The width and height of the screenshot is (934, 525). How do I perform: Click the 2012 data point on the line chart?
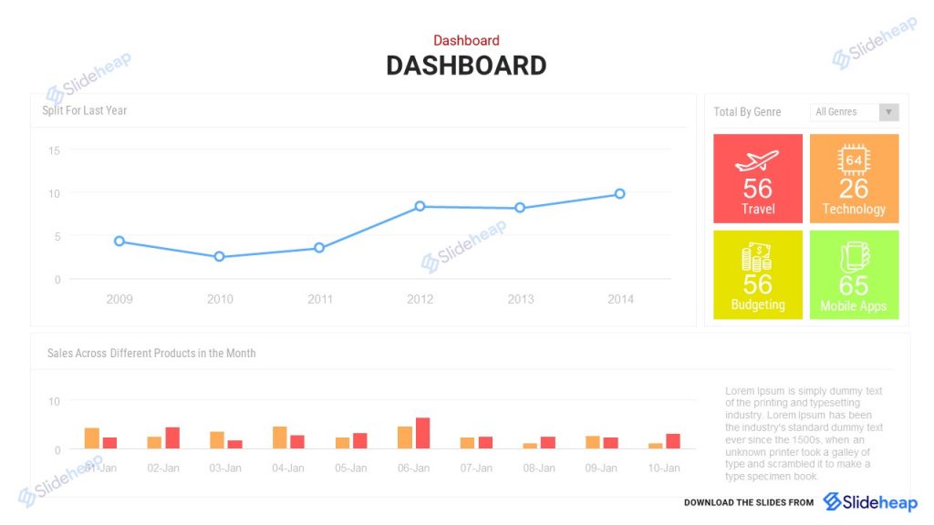click(x=420, y=206)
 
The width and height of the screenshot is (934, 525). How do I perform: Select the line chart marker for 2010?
click(x=219, y=257)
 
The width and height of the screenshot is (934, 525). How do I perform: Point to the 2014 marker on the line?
click(x=619, y=193)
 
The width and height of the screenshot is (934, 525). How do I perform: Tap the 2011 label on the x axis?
click(x=320, y=299)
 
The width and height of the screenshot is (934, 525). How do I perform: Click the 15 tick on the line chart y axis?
click(x=54, y=150)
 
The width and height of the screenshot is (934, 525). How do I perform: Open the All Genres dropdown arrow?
click(x=889, y=112)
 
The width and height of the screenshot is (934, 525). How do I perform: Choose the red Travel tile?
click(x=758, y=179)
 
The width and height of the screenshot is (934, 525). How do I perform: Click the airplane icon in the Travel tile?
click(x=757, y=161)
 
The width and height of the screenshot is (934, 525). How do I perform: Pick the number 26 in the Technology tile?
click(x=854, y=189)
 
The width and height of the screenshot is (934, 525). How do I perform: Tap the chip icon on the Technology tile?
click(x=854, y=160)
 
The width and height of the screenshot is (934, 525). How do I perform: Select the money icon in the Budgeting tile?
click(x=757, y=257)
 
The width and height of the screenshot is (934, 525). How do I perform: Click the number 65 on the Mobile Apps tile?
click(x=854, y=285)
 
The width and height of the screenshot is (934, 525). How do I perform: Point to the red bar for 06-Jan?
click(x=422, y=433)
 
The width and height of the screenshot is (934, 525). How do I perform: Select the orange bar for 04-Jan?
click(x=279, y=437)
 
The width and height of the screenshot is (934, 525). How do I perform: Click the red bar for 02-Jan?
click(x=172, y=437)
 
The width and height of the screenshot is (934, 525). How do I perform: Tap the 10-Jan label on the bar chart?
click(x=664, y=468)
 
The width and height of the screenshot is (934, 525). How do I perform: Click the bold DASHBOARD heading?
click(x=466, y=66)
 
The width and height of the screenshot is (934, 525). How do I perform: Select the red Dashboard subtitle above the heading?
click(x=466, y=40)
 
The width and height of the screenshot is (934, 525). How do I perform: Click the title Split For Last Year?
click(x=84, y=110)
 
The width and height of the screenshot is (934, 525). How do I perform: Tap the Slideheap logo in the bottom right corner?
click(x=870, y=502)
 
